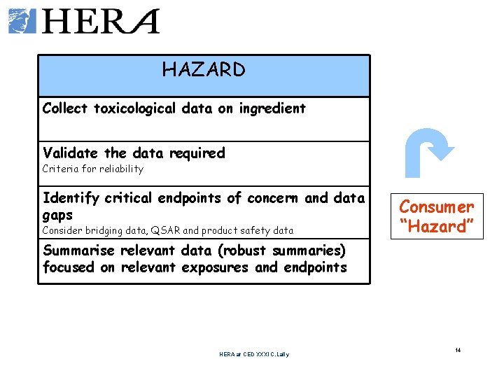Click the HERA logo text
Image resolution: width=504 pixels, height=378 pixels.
(x=101, y=21)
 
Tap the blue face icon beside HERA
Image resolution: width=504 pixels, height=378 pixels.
(x=21, y=21)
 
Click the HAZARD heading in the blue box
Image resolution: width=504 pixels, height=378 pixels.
(x=204, y=70)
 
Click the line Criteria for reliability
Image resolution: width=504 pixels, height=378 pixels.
(x=92, y=169)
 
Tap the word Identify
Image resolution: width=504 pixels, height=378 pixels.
(x=71, y=198)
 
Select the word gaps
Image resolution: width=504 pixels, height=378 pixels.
(x=57, y=215)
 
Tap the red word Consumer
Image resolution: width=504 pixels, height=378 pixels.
(x=437, y=207)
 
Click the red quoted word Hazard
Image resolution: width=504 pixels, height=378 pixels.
(x=437, y=226)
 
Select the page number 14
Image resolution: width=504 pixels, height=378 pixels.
(x=458, y=350)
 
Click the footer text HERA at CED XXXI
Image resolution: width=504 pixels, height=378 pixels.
(x=253, y=354)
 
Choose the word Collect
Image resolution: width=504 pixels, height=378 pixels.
(x=66, y=108)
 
